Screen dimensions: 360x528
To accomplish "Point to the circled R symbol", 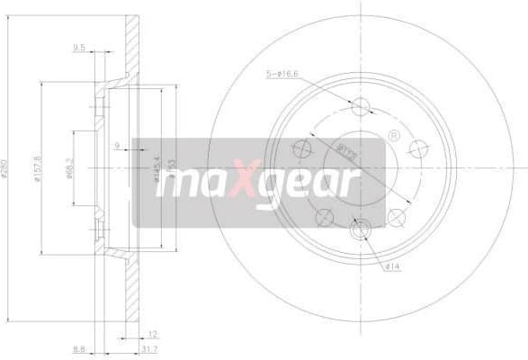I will [393, 135].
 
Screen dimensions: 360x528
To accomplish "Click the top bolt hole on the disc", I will [362, 106].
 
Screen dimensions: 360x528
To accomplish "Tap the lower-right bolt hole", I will [397, 216].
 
